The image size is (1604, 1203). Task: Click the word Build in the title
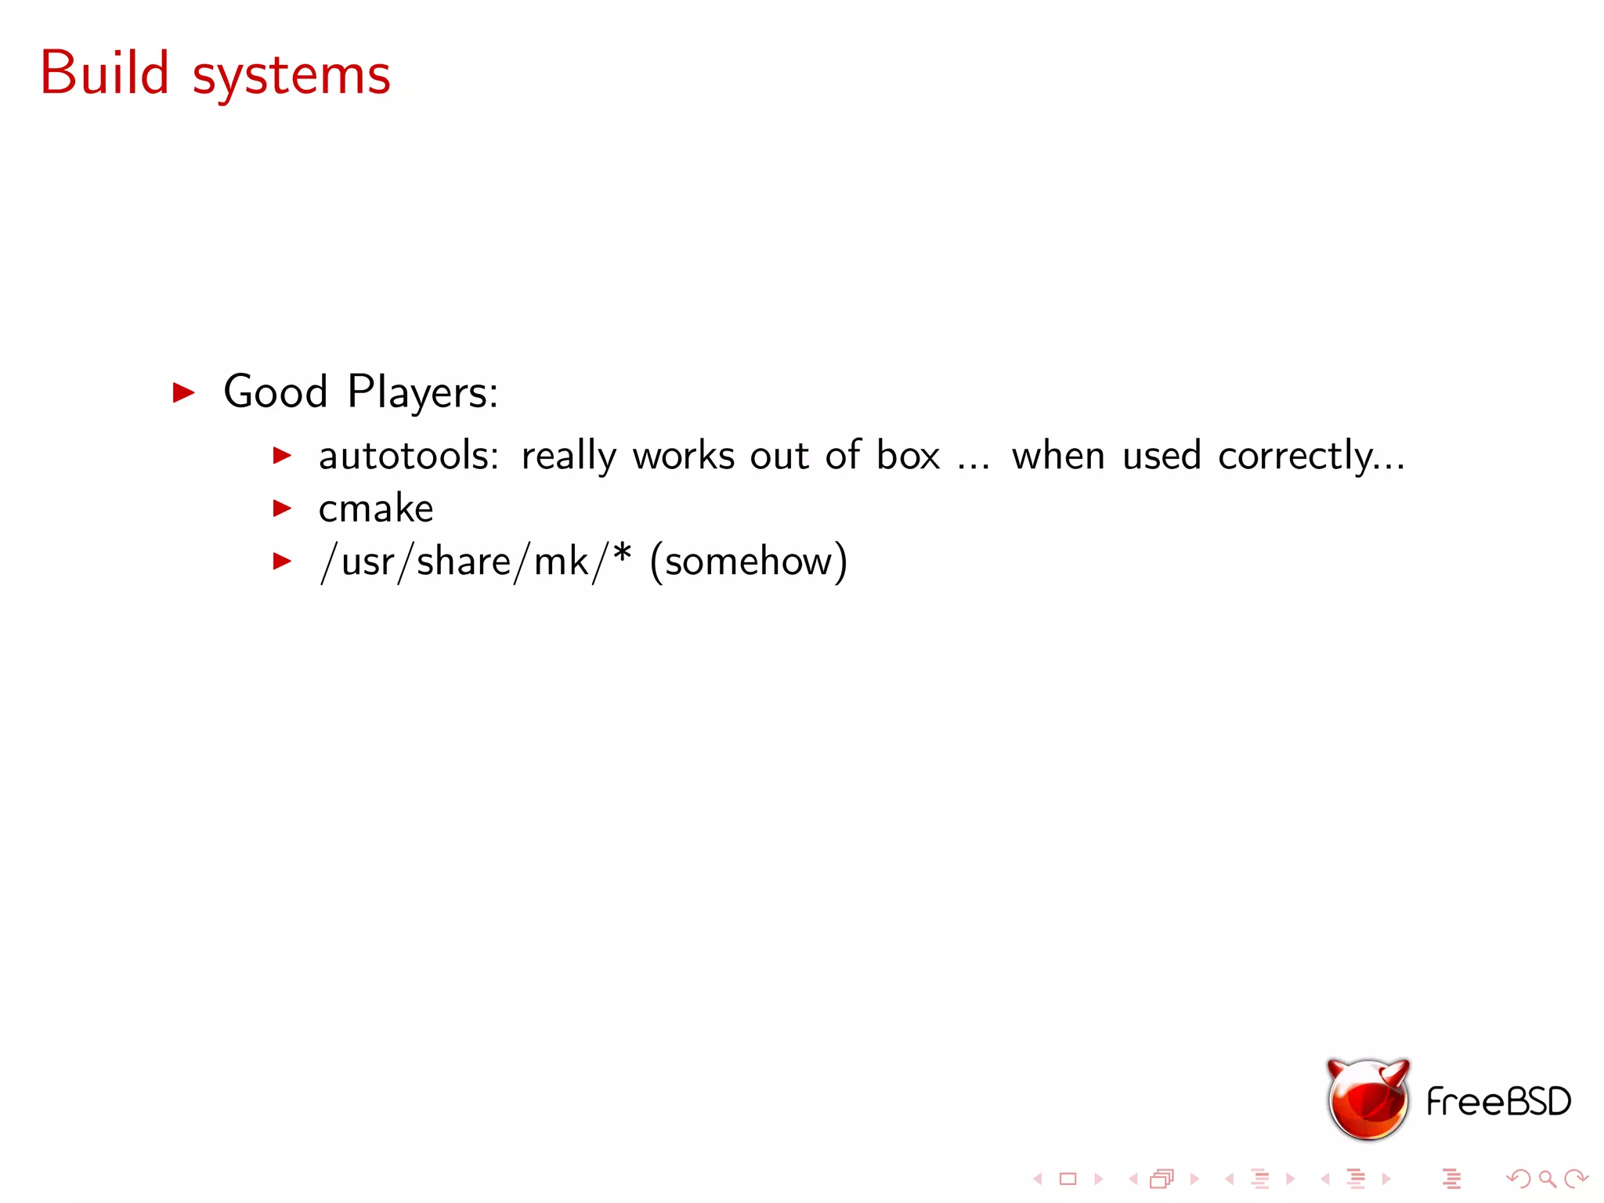coord(105,74)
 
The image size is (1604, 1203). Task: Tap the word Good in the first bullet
coord(275,392)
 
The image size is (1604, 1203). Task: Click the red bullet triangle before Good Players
coord(183,392)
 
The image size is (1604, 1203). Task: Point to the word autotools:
coord(408,456)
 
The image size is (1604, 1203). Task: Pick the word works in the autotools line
coord(684,456)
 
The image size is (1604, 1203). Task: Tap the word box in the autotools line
coord(908,456)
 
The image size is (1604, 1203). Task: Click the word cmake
coord(376,509)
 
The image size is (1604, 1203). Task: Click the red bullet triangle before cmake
coord(282,509)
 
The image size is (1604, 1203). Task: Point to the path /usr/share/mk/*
coord(475,562)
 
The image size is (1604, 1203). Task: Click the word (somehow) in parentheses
coord(748,562)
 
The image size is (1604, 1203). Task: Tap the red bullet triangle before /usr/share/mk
coord(282,562)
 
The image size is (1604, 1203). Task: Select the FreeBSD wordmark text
coord(1498,1102)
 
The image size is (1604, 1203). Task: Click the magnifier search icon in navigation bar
coord(1547,1178)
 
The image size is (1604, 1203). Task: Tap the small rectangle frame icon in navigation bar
coord(1068,1179)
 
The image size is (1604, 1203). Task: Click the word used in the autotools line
coord(1161,456)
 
